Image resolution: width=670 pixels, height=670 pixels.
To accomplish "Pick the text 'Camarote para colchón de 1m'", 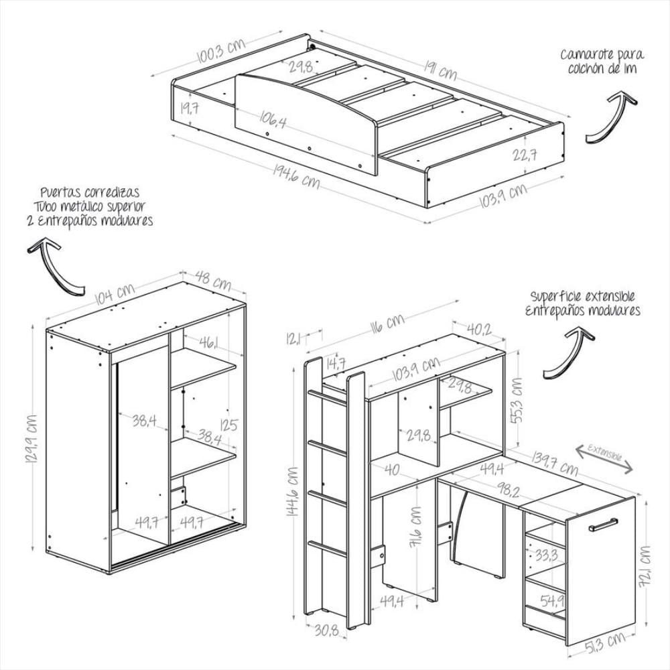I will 602,61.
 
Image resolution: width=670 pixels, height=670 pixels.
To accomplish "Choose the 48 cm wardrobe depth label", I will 213,280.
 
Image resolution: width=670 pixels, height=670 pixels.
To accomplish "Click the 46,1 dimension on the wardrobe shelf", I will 206,344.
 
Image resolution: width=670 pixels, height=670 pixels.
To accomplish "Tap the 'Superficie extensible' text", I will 582,295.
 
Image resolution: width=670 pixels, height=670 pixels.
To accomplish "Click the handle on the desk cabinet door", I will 602,524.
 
